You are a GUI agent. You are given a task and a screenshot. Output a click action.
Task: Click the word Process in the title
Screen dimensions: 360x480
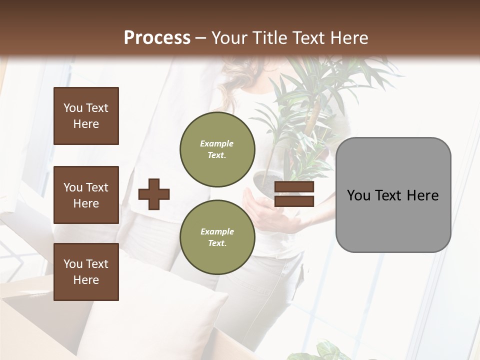pos(157,37)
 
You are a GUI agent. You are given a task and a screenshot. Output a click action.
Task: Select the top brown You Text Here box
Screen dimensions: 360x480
pos(86,116)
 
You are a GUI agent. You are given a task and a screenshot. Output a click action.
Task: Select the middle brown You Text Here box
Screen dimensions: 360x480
pos(86,195)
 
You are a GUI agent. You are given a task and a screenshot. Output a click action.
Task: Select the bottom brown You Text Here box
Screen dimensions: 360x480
pos(86,271)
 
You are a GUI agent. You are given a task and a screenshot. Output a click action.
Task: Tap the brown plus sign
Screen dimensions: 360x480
pos(154,194)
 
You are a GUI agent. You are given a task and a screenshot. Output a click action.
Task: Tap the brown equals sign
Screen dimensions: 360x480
pos(294,194)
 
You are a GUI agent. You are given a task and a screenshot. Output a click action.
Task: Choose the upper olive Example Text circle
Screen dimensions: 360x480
pos(217,149)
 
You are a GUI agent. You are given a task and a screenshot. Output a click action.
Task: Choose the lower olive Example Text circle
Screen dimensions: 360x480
pos(217,237)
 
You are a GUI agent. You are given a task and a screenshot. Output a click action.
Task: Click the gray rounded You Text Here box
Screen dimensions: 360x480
pos(393,194)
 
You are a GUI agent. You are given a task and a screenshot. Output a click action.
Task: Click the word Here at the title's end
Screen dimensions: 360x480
pos(350,37)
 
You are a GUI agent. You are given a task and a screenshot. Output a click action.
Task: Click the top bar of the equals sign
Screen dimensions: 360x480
pos(294,187)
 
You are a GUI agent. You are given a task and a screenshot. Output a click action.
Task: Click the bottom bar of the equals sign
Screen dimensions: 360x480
pos(294,201)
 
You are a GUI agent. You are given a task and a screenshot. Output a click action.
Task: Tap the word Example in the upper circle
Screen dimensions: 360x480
pos(217,143)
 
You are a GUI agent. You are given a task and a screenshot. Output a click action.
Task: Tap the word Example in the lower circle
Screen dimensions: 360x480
pos(217,231)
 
